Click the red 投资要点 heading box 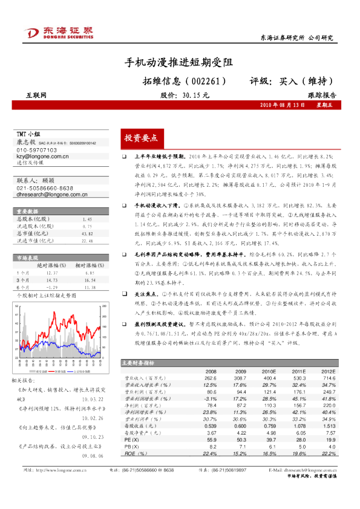[140, 138]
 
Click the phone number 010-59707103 [38, 149]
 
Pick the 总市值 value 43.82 [87, 233]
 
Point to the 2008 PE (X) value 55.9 [211, 441]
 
